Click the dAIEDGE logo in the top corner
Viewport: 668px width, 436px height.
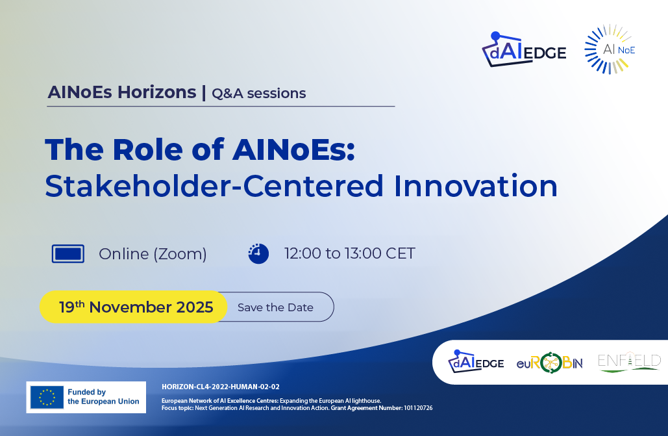[524, 49]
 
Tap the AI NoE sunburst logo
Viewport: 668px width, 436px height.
[610, 49]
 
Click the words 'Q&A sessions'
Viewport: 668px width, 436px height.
[258, 93]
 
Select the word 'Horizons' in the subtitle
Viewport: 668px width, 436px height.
[157, 92]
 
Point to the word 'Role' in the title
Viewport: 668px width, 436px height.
[147, 149]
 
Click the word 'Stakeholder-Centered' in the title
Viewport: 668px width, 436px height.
[214, 186]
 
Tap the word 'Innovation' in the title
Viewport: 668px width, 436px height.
[476, 186]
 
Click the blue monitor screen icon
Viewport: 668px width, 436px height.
[68, 254]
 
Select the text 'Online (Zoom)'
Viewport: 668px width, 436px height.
[153, 254]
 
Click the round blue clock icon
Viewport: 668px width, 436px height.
[258, 254]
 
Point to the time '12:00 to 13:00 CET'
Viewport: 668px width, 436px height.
[349, 253]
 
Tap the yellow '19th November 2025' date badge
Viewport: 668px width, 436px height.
[133, 307]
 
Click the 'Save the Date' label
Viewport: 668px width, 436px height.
[275, 307]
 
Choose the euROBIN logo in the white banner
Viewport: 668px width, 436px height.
[550, 363]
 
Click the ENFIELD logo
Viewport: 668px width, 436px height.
[629, 362]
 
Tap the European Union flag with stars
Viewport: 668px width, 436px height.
[47, 397]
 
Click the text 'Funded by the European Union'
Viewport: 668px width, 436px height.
[103, 397]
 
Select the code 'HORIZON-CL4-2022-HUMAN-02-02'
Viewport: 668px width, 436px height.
[221, 387]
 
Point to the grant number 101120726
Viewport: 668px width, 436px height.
[418, 408]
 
